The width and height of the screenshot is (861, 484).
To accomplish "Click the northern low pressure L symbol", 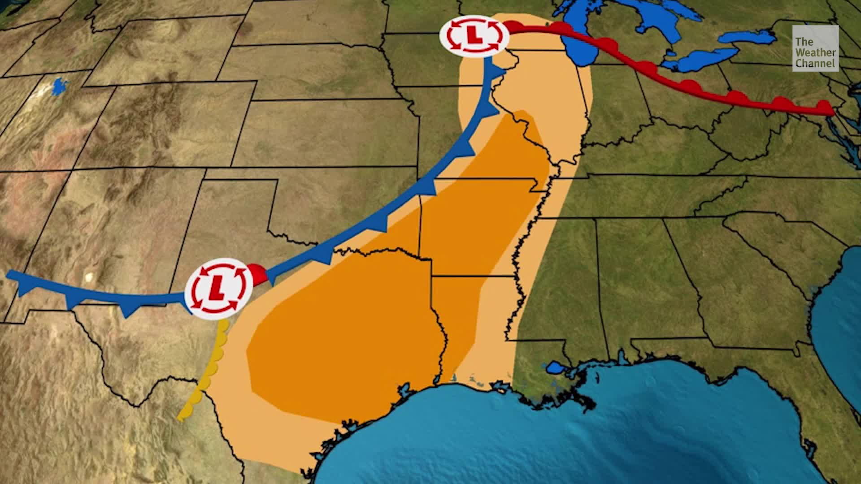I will (474, 36).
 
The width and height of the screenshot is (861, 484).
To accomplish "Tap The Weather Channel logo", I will (815, 48).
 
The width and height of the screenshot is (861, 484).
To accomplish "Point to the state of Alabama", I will (637, 287).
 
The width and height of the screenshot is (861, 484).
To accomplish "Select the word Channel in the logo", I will (815, 64).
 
